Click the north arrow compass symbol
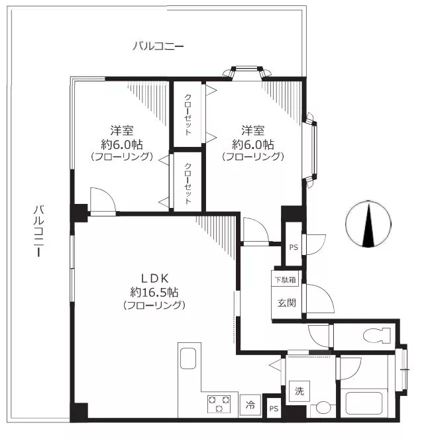(x=368, y=224)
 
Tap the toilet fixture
(x=377, y=335)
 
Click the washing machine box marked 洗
(x=299, y=391)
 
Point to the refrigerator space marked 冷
(x=250, y=405)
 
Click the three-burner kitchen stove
(x=219, y=404)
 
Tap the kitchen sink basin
(x=188, y=358)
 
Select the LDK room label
(x=154, y=279)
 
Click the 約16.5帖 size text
(x=154, y=292)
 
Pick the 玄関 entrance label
(x=287, y=303)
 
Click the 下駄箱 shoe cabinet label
(x=285, y=279)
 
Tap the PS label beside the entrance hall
(x=294, y=248)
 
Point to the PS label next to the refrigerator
(x=274, y=409)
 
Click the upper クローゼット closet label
(x=188, y=115)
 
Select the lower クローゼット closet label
(x=188, y=183)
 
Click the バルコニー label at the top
(x=158, y=46)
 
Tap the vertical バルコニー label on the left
(x=38, y=231)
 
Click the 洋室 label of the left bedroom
(x=121, y=130)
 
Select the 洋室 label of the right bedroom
(x=253, y=130)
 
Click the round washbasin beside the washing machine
(x=323, y=407)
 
